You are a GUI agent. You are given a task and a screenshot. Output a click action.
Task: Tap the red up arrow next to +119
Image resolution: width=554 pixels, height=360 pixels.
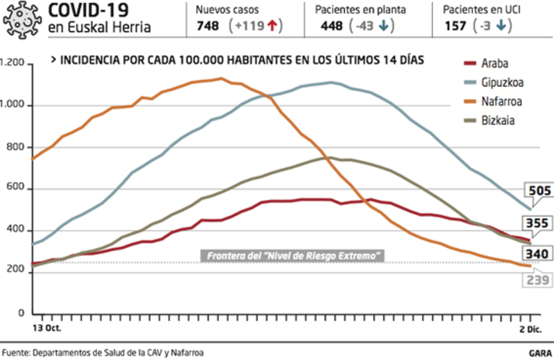pyautogui.click(x=271, y=26)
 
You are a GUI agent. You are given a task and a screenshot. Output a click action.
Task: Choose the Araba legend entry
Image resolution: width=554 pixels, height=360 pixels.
pyautogui.click(x=494, y=64)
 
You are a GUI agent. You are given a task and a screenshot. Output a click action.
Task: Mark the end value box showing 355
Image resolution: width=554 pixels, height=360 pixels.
pyautogui.click(x=538, y=223)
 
